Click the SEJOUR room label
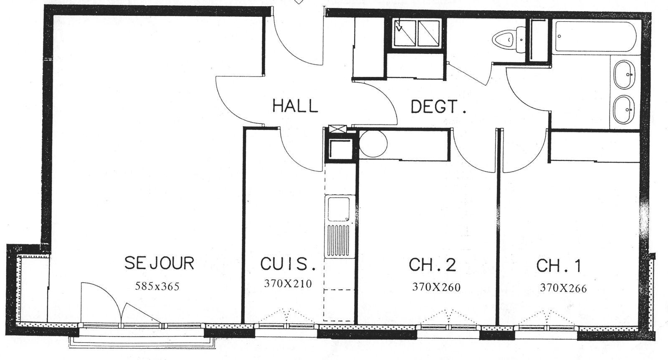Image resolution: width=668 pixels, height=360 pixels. [159, 264]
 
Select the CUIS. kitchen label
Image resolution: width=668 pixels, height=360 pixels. [288, 264]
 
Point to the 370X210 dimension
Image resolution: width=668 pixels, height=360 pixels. [288, 284]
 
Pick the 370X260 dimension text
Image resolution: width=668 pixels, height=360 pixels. [436, 287]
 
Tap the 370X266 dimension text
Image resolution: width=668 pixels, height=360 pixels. [563, 288]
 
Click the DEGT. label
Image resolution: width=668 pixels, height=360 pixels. [438, 107]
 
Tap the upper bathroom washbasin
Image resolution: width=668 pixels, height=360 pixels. [624, 74]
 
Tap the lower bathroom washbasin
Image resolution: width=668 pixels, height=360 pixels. [624, 110]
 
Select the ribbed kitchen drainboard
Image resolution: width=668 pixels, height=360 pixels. [339, 241]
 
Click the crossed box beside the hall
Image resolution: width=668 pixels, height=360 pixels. [337, 129]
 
